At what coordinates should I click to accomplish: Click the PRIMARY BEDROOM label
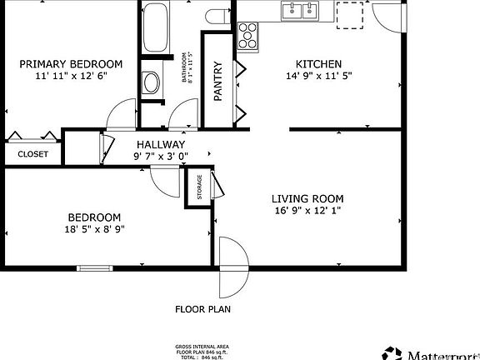tap(71, 64)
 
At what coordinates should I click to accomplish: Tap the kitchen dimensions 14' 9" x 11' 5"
tap(319, 76)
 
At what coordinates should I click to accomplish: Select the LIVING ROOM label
tap(307, 198)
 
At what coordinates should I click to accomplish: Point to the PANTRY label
tap(218, 81)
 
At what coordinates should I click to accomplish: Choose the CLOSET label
tap(33, 154)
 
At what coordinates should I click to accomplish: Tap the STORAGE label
tap(199, 185)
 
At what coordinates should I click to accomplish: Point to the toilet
tap(218, 14)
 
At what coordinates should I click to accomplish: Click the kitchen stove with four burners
tap(248, 36)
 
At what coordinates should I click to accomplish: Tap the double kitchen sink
tap(299, 11)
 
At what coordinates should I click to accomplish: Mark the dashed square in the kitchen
tap(351, 15)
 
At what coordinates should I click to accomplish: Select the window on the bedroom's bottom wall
tap(95, 267)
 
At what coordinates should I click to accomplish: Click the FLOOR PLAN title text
tap(202, 309)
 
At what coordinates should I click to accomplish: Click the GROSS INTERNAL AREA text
tap(202, 347)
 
